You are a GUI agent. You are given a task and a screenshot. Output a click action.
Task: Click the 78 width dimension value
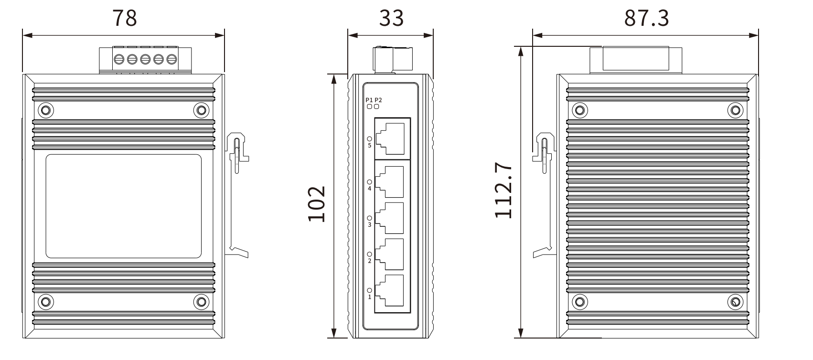click(x=125, y=18)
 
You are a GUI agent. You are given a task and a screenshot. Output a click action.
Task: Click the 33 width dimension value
click(x=391, y=18)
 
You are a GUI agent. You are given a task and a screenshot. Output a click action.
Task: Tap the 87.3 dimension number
click(x=646, y=18)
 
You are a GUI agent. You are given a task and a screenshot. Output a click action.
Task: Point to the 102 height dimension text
click(x=317, y=203)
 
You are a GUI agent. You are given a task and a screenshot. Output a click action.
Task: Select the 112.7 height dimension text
click(x=504, y=190)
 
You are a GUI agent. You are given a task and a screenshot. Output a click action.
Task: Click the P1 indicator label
click(x=369, y=100)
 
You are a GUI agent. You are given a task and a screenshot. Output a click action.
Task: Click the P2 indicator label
click(x=378, y=100)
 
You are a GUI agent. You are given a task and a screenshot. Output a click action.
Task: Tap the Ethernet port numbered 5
click(x=390, y=138)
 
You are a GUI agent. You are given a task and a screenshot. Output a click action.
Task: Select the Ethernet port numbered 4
click(x=389, y=182)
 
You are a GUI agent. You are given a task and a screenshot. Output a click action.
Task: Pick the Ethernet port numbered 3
click(x=389, y=218)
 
